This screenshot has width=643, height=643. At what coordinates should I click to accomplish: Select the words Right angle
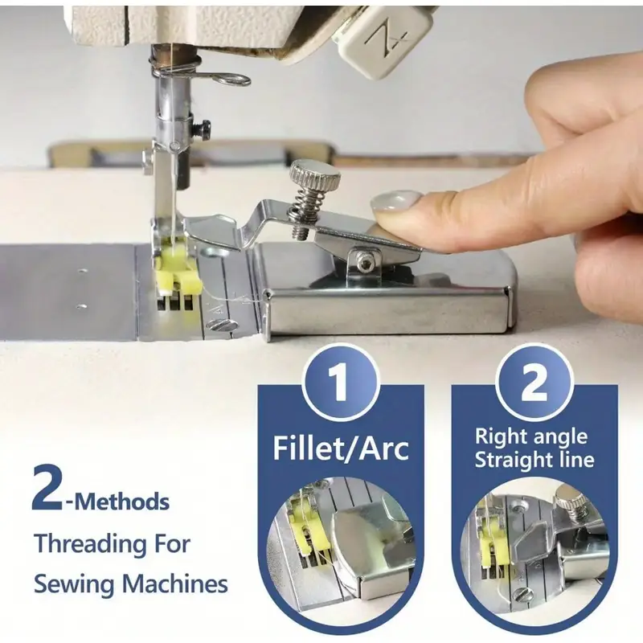click(x=531, y=437)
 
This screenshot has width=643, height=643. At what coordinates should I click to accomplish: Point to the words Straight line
click(x=534, y=461)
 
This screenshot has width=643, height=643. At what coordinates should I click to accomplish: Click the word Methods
click(x=121, y=502)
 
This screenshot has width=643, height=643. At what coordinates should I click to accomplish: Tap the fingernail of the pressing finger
click(x=395, y=203)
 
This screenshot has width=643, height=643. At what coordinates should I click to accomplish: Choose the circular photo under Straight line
click(x=534, y=539)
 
